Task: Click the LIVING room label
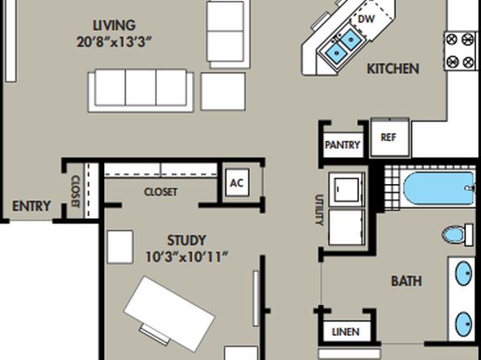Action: (x=114, y=26)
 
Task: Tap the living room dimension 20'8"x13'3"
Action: (x=114, y=42)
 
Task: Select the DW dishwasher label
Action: (x=366, y=19)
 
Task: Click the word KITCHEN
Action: (x=393, y=69)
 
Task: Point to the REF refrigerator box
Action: (x=390, y=137)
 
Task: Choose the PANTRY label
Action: (x=342, y=144)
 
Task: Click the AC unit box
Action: (x=236, y=183)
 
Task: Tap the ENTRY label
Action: (x=31, y=206)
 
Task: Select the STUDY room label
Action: (x=186, y=241)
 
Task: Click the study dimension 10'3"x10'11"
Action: (x=186, y=257)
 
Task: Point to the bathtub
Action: (x=439, y=189)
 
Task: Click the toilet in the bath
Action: (x=458, y=235)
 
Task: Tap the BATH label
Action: (x=407, y=281)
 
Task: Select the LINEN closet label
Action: (x=345, y=332)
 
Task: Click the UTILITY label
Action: (x=319, y=210)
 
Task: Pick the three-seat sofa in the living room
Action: (x=140, y=90)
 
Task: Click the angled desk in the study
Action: (x=169, y=314)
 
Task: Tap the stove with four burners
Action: (x=460, y=51)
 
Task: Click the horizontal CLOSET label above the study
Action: (x=161, y=192)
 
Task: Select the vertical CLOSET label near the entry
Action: (x=75, y=191)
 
